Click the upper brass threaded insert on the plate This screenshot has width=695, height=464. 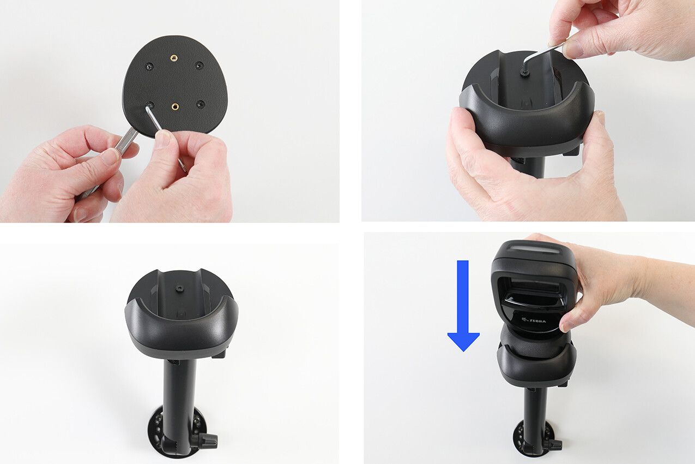coord(173,58)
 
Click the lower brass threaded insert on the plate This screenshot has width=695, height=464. coord(176,107)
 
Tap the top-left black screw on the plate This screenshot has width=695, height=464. coord(149,66)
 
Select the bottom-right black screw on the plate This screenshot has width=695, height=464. coord(201,104)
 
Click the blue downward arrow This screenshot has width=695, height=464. coord(463,306)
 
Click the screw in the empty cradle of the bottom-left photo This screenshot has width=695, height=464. coord(180,288)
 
